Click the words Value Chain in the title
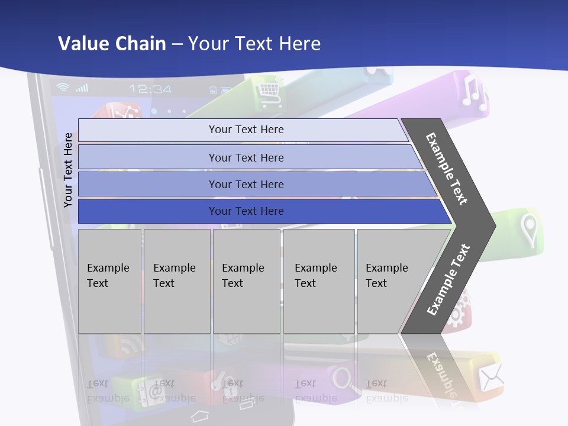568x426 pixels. point(112,44)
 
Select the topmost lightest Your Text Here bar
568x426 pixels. point(246,130)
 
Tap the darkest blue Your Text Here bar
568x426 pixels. point(246,211)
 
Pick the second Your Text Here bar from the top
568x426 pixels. point(246,157)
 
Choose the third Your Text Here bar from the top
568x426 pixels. point(246,184)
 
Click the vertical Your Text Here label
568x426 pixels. point(68,170)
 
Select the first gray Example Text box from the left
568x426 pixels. point(109,281)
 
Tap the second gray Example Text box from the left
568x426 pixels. point(176,281)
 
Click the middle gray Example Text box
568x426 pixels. point(246,281)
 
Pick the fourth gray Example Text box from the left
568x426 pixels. point(319,281)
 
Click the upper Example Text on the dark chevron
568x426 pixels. point(447,169)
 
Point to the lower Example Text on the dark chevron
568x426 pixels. point(448,280)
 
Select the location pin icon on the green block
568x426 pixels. point(528,230)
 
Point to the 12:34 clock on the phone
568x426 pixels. point(150,89)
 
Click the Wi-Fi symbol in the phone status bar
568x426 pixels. point(63,88)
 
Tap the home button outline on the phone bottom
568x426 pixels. point(200,414)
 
